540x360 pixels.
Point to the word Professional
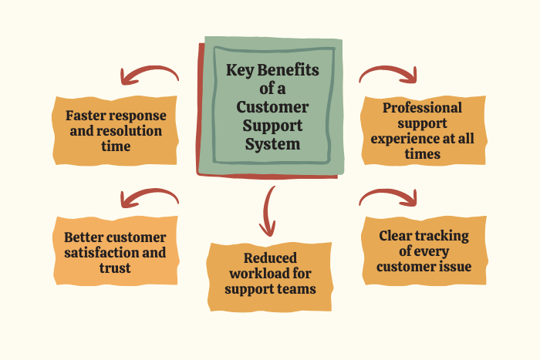(x=423, y=108)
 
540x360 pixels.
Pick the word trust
(x=115, y=268)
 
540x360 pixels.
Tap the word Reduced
(x=270, y=258)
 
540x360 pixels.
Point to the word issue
(x=452, y=267)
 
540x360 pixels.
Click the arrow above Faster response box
(x=149, y=76)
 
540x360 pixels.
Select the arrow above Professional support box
(x=389, y=73)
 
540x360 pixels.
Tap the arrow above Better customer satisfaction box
(x=149, y=197)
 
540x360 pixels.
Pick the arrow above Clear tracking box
(x=389, y=198)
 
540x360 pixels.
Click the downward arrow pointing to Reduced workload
(x=269, y=210)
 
